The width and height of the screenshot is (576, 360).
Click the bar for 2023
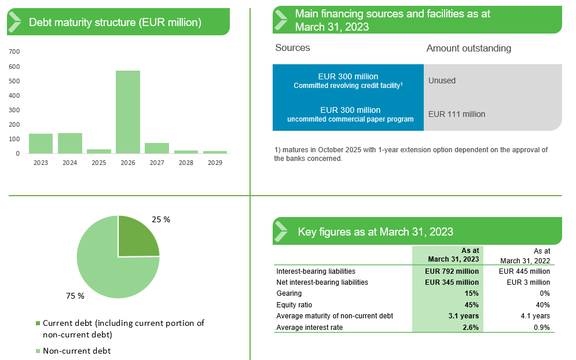pyautogui.click(x=41, y=144)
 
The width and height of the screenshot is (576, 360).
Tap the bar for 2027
pyautogui.click(x=156, y=148)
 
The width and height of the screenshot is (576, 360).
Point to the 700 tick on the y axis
pyautogui.click(x=14, y=52)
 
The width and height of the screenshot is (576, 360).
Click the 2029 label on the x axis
pyautogui.click(x=215, y=163)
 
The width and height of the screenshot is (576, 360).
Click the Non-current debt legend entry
pyautogui.click(x=76, y=351)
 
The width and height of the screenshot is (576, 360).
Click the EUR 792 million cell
pyautogui.click(x=452, y=271)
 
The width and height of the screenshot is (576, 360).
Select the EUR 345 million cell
pyautogui.click(x=452, y=282)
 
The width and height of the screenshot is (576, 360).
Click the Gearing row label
pyautogui.click(x=289, y=293)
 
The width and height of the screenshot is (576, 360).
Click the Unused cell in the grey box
pyautogui.click(x=442, y=80)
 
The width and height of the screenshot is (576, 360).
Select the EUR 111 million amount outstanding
pyautogui.click(x=457, y=114)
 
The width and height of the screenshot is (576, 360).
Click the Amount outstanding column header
pyautogui.click(x=468, y=48)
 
